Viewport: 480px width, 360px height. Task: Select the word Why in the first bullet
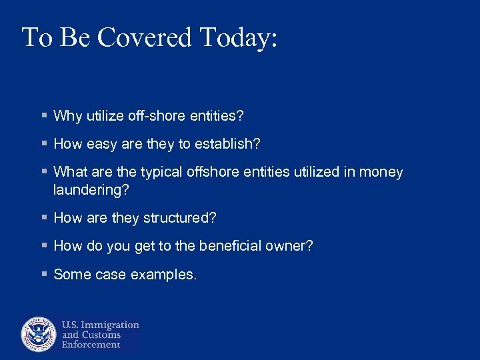67,116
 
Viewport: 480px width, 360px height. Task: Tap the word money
381,173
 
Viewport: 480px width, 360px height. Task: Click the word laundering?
91,190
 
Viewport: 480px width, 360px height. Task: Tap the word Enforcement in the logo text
91,345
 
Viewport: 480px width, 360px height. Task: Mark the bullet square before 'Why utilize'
43,116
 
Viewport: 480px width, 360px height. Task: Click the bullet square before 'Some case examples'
43,274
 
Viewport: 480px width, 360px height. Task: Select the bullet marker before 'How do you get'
43,246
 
